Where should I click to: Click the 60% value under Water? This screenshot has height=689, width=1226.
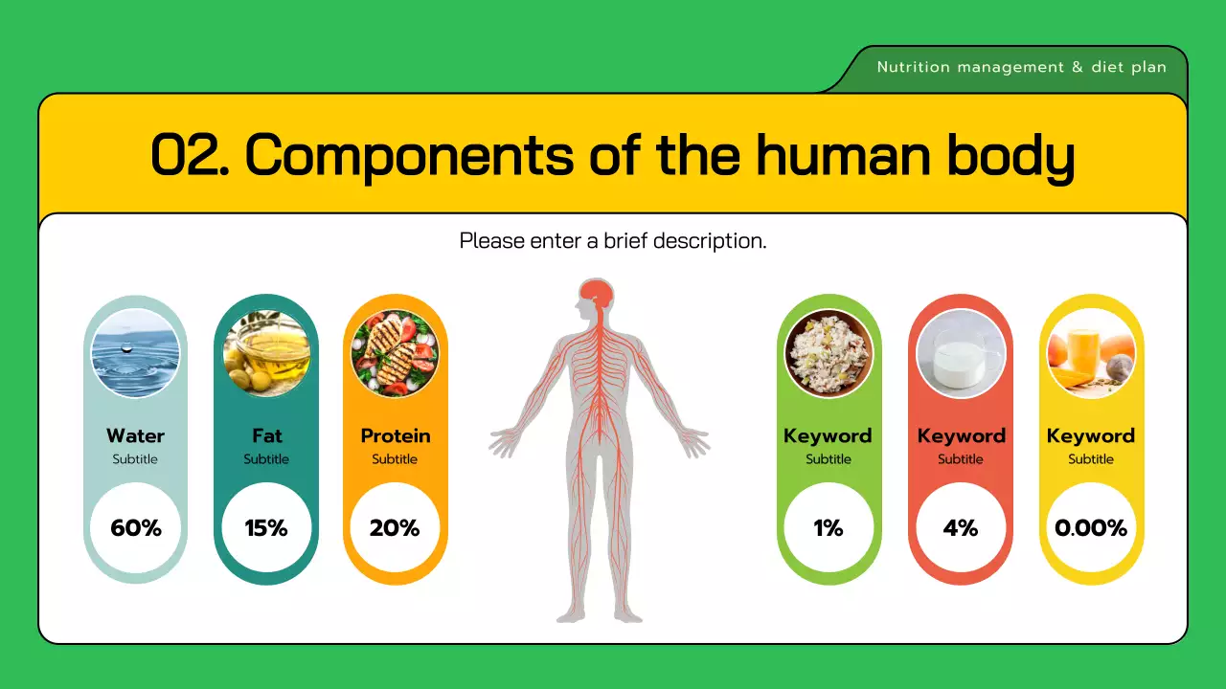pyautogui.click(x=136, y=527)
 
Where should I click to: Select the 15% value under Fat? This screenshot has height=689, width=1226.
pyautogui.click(x=266, y=527)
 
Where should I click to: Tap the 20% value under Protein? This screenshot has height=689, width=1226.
pyautogui.click(x=396, y=527)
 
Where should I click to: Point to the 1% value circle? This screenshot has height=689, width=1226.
pyautogui.click(x=829, y=527)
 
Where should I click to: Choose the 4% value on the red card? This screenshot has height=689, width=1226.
pyautogui.click(x=960, y=527)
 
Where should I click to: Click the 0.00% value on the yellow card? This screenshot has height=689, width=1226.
pyautogui.click(x=1091, y=527)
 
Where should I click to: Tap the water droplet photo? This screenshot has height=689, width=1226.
pyautogui.click(x=136, y=353)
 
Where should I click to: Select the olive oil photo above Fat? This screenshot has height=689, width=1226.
pyautogui.click(x=266, y=353)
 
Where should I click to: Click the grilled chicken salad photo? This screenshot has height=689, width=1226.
pyautogui.click(x=396, y=353)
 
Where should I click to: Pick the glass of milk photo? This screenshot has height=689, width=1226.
pyautogui.click(x=960, y=353)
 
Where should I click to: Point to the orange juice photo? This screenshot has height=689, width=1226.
pyautogui.click(x=1091, y=353)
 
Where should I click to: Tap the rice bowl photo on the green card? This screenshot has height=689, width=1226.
pyautogui.click(x=829, y=353)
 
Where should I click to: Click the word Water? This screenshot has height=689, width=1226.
pyautogui.click(x=136, y=435)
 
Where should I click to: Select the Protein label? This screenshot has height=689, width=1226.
pyautogui.click(x=396, y=435)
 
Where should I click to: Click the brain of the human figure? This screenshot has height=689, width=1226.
pyautogui.click(x=598, y=292)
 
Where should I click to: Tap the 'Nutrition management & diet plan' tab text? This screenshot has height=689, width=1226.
pyautogui.click(x=1021, y=67)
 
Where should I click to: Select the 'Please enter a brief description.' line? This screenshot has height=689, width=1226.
pyautogui.click(x=613, y=240)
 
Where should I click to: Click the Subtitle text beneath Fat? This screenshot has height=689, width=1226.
pyautogui.click(x=266, y=459)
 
